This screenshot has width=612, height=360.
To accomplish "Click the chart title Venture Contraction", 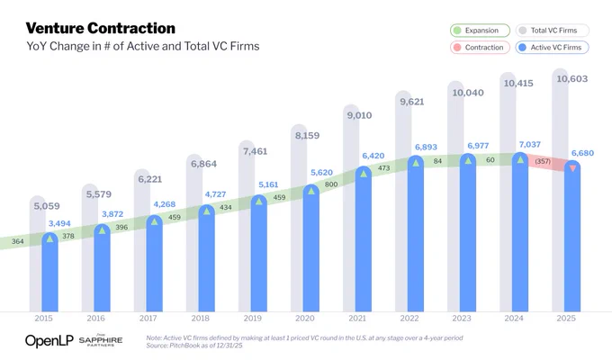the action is tap(101, 28).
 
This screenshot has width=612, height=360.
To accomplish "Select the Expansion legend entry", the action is tap(480, 31).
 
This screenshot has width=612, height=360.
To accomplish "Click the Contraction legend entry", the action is tap(480, 48).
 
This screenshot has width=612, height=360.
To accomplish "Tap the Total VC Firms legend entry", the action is tap(553, 31).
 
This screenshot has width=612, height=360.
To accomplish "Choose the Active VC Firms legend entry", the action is tap(553, 48).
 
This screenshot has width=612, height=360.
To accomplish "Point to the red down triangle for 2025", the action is tap(572, 168).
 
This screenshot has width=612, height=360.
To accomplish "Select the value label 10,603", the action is tap(571, 79).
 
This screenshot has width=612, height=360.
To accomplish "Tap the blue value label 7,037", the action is tap(529, 145).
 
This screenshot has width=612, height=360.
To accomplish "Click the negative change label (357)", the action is tap(543, 161).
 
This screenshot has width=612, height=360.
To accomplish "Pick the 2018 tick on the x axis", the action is tap(200, 319).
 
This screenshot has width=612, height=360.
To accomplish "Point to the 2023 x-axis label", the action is tap(462, 319).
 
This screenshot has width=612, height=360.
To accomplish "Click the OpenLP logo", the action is tap(49, 341).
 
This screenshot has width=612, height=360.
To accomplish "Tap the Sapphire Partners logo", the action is tap(101, 340).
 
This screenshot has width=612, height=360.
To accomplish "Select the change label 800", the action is tap(331, 184).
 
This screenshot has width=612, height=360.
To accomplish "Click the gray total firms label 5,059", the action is tap(47, 206).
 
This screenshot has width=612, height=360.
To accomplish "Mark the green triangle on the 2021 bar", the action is tap(364, 174).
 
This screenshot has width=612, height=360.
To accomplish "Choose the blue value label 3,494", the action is tap(59, 223).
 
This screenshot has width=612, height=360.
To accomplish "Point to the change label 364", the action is tap(18, 241).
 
